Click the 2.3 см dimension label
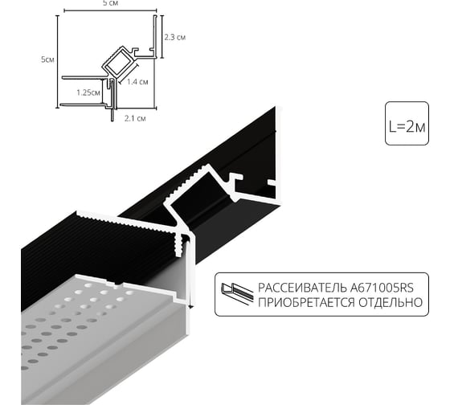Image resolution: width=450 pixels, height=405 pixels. coord(175,37)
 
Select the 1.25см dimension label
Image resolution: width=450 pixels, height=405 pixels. coord(88,92)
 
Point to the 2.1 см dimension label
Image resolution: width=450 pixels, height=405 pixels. coord(135,119)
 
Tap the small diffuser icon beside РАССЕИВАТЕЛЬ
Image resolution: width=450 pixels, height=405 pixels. coord(236,294)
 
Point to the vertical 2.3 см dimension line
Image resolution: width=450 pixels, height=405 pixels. coord(162,36)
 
